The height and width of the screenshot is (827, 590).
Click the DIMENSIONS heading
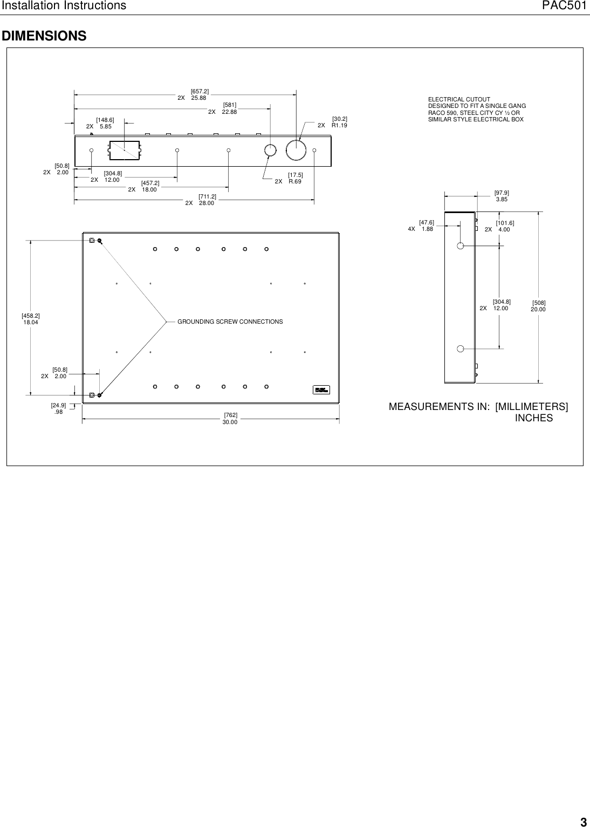(x=44, y=36)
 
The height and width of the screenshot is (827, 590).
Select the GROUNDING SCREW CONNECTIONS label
(x=230, y=322)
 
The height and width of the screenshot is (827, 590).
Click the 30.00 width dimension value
(x=230, y=422)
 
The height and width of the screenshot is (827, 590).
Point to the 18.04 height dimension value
(x=31, y=322)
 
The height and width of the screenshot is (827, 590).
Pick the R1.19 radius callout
(x=339, y=125)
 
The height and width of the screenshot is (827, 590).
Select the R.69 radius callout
(x=294, y=182)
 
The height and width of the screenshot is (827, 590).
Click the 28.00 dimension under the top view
(x=207, y=203)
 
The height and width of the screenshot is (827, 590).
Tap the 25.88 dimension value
(x=198, y=98)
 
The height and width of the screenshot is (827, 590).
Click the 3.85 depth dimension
(x=502, y=199)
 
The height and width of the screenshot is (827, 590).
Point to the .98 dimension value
(x=59, y=411)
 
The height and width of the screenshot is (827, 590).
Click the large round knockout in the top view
(x=296, y=150)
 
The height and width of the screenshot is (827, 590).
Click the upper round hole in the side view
(x=460, y=246)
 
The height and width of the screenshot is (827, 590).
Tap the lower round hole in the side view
(x=460, y=348)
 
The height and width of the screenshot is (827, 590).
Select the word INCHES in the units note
(x=534, y=418)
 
